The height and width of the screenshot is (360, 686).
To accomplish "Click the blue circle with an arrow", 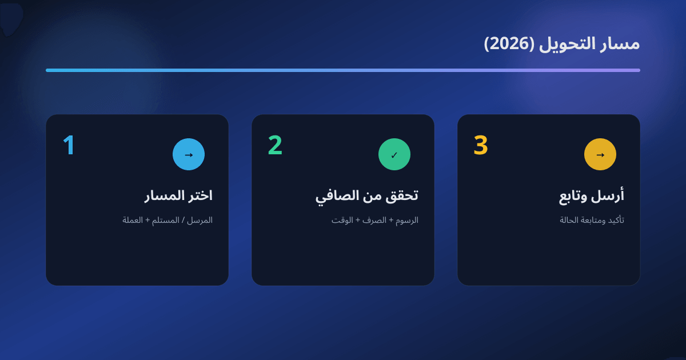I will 189,154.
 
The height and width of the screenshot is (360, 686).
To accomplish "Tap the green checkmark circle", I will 394,154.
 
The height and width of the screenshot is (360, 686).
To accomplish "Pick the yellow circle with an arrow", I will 600,154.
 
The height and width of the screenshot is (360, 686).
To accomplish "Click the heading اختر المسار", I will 178,195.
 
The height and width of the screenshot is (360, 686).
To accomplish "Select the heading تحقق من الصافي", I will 366,195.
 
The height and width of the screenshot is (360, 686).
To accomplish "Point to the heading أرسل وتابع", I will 592,195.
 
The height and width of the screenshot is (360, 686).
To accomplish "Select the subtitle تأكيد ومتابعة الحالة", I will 592,220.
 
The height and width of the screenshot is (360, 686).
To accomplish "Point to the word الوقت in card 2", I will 342,220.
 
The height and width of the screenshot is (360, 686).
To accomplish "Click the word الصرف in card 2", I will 374,220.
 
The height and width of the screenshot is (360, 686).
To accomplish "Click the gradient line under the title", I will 343,70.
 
